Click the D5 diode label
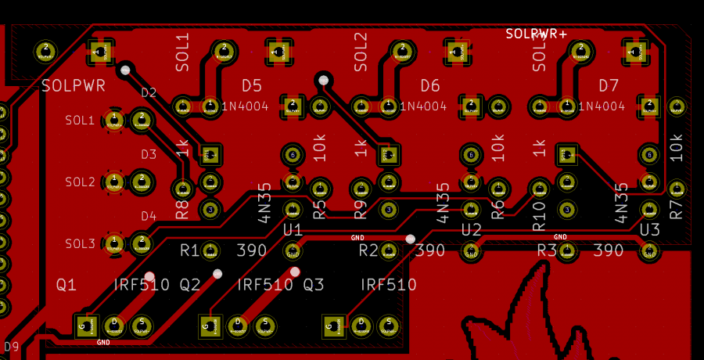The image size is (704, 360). (x=252, y=85)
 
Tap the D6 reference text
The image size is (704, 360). (x=430, y=85)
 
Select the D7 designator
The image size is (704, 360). (x=609, y=85)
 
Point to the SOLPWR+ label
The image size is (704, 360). (x=536, y=34)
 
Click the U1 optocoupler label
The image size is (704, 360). (x=293, y=229)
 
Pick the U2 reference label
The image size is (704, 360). (x=471, y=229)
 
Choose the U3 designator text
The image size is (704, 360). (x=649, y=229)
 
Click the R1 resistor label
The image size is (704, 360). (x=189, y=250)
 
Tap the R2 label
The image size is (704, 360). (x=368, y=250)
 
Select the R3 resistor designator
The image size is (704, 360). (x=547, y=250)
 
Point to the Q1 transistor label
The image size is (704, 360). (x=66, y=285)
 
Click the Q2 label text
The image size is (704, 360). (x=191, y=285)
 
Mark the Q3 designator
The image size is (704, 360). (x=314, y=285)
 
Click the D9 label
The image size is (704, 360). (x=12, y=345)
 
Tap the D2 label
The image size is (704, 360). (x=149, y=93)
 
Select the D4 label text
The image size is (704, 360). (x=149, y=216)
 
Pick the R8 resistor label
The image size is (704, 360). (x=182, y=209)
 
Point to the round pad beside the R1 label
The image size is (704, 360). (x=210, y=250)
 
